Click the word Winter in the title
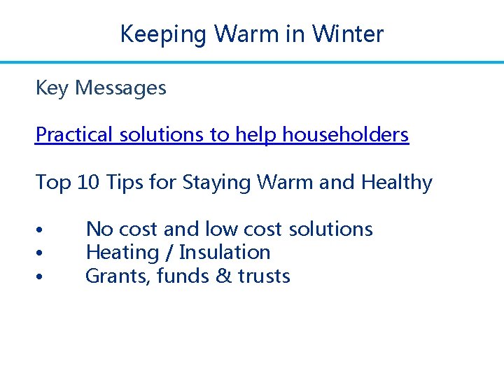[x=348, y=34]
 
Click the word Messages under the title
[x=120, y=88]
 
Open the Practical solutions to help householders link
[x=222, y=134]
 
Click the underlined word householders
[x=346, y=134]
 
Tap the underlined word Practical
[x=73, y=134]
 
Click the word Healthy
[x=397, y=183]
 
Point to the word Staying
[x=217, y=183]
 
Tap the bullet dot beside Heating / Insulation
[x=42, y=253]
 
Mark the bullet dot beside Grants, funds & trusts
[x=42, y=277]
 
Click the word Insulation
[x=225, y=252]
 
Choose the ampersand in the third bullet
[x=224, y=276]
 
